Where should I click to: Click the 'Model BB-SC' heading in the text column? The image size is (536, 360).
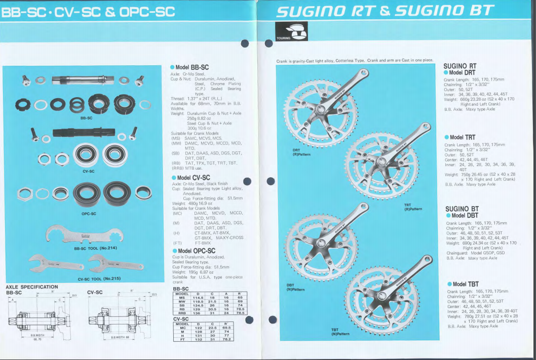(x=192, y=67)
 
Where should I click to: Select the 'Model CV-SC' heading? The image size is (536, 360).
(x=193, y=178)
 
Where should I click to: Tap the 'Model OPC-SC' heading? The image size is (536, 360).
(x=196, y=251)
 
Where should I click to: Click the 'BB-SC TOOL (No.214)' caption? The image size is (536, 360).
(x=96, y=248)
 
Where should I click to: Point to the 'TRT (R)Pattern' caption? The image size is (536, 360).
(x=413, y=207)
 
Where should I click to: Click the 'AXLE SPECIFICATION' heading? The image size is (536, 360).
(x=31, y=287)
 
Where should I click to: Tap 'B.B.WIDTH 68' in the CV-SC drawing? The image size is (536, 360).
(x=121, y=337)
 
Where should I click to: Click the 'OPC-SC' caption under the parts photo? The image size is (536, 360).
(x=89, y=214)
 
